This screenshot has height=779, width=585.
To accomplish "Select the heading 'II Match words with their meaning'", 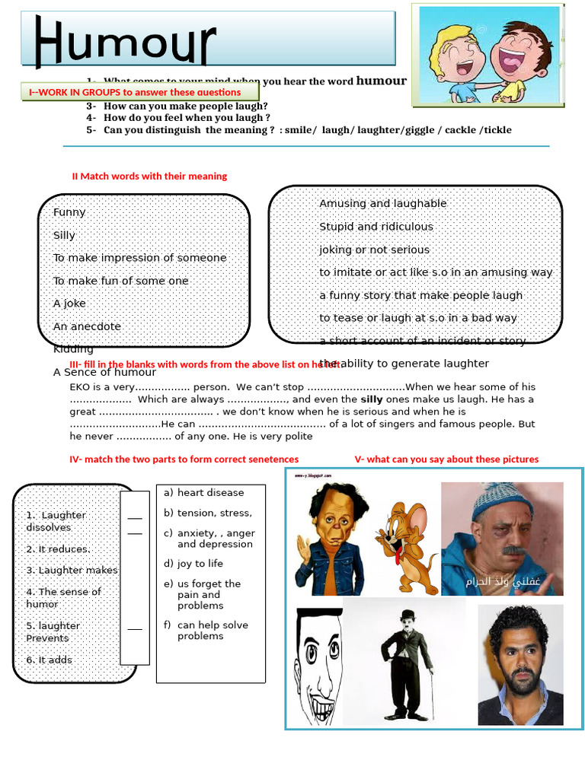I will point(149,176).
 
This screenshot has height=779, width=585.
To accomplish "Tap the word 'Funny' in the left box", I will point(69,212).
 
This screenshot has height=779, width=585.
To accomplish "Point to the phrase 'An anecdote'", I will point(87,326).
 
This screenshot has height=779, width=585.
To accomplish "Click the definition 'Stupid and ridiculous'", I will point(376,227).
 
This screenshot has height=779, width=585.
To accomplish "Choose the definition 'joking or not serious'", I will point(374,250).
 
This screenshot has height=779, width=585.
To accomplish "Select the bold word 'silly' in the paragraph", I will point(372,399).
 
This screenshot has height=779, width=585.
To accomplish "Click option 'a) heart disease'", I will point(203,493).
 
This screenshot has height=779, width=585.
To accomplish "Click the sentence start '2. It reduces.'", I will point(58,549).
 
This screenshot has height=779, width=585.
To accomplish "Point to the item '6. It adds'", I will point(49,660).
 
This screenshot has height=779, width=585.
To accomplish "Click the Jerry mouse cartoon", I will point(407,545).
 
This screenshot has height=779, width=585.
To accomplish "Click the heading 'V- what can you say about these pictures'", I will point(446,459).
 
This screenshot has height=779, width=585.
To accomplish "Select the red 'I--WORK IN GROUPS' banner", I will point(135,93).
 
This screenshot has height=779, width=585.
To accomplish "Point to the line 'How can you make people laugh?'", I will point(186,107).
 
